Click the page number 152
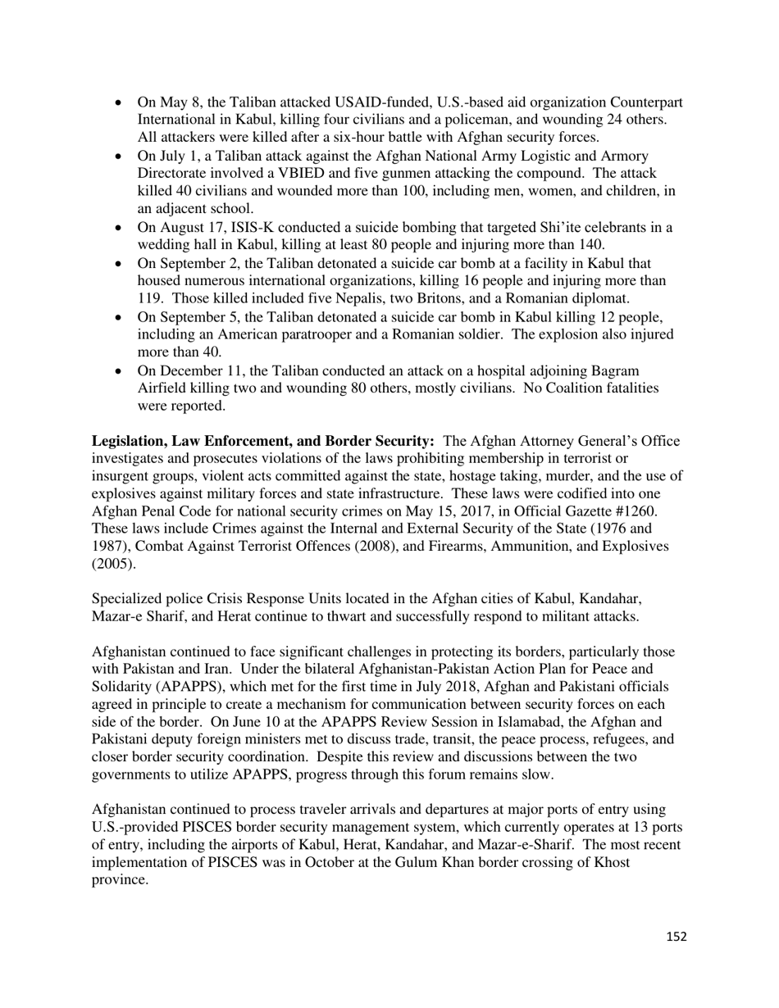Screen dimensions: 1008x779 point(676,937)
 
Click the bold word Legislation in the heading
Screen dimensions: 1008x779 point(129,441)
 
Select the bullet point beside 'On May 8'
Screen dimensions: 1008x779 point(120,103)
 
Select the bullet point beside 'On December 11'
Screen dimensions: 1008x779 point(120,371)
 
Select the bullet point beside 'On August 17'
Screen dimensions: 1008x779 point(120,228)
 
